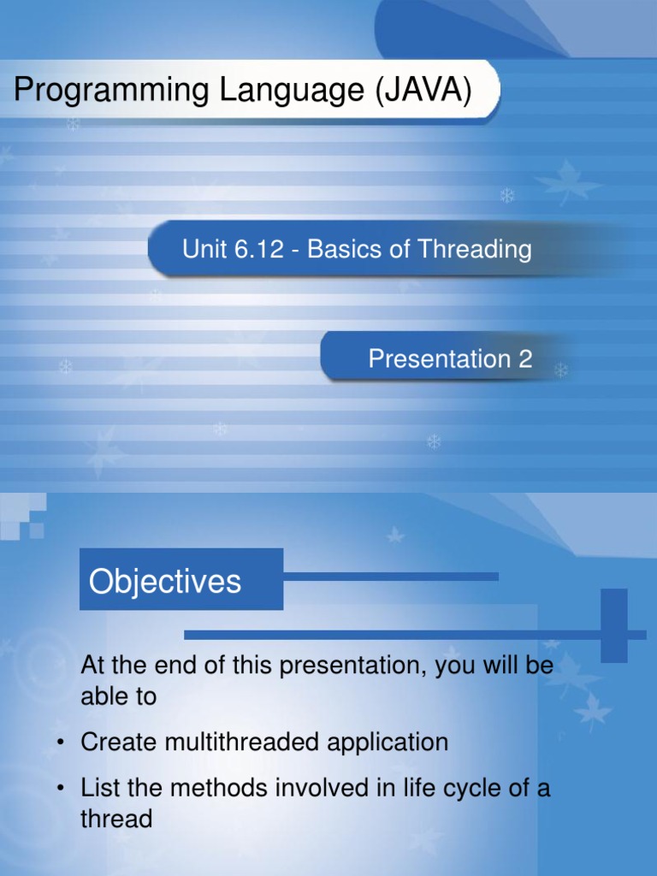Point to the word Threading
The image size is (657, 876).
pyautogui.click(x=475, y=250)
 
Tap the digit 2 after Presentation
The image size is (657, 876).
pyautogui.click(x=524, y=359)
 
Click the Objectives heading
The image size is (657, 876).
pyautogui.click(x=165, y=582)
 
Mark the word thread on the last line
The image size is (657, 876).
pyautogui.click(x=116, y=820)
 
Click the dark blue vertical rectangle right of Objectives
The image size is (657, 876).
pyautogui.click(x=613, y=624)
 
